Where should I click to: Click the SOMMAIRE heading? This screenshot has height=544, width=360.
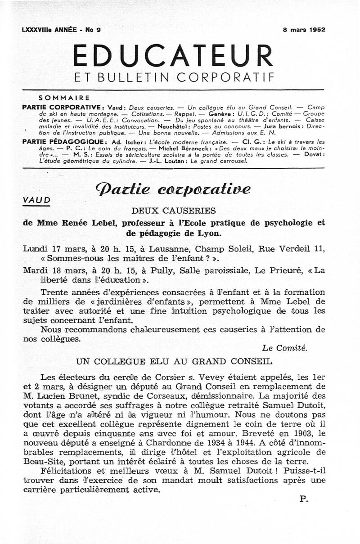[64, 97]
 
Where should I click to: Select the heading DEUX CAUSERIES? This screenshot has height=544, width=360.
[173, 210]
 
